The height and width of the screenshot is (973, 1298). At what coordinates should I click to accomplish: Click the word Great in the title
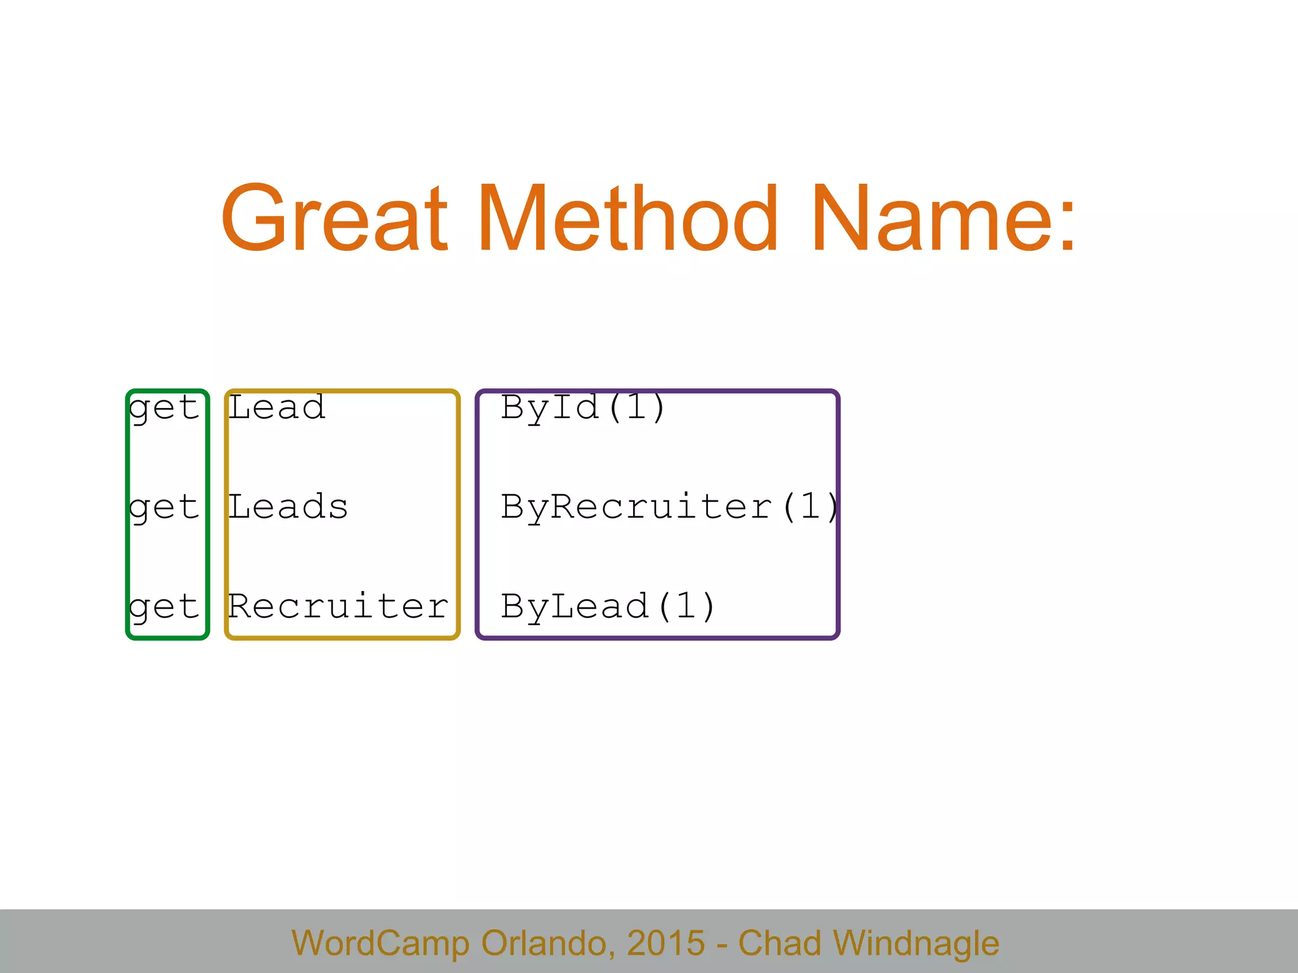[x=334, y=219]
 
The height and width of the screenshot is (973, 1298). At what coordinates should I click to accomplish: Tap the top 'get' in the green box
[x=164, y=407]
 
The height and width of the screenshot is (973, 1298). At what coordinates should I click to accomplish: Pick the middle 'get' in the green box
[x=164, y=507]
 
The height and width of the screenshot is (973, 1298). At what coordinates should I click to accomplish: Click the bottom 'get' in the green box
[x=164, y=607]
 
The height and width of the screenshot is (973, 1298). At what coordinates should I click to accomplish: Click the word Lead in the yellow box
[x=277, y=407]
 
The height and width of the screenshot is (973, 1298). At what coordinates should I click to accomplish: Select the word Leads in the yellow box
[x=288, y=507]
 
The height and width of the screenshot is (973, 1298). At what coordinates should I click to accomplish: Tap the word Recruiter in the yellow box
[x=338, y=606]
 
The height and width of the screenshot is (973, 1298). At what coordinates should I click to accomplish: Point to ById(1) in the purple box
[x=583, y=407]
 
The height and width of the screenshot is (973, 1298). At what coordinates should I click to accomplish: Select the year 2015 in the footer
[x=665, y=943]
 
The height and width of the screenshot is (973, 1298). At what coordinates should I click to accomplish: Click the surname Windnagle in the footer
[x=916, y=944]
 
